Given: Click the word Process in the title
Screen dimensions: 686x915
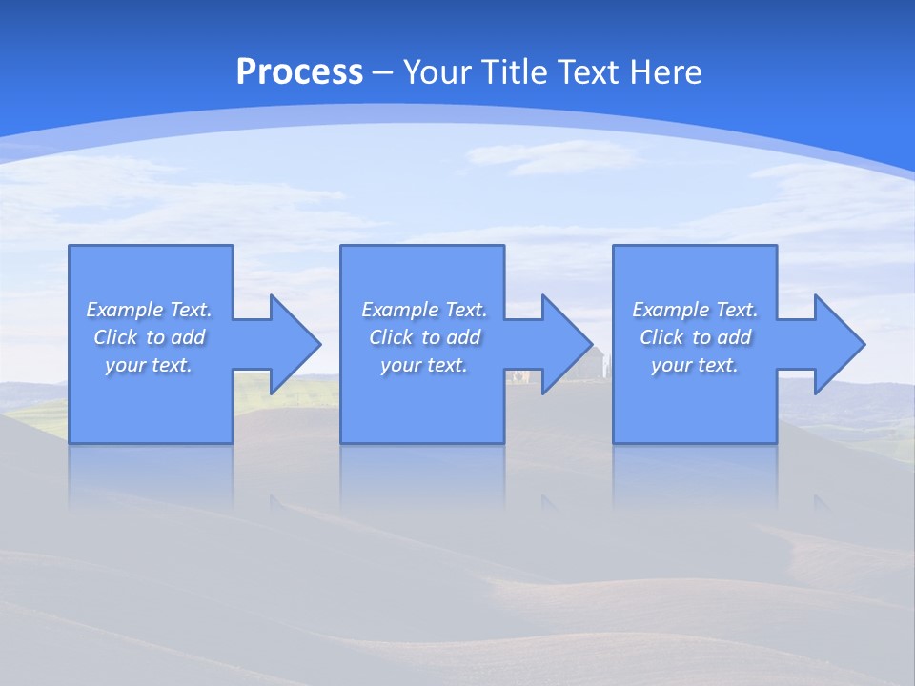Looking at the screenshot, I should [x=299, y=72].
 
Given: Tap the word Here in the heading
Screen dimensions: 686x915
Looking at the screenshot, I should [x=666, y=72].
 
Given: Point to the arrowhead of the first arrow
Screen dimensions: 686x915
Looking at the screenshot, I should [x=295, y=344].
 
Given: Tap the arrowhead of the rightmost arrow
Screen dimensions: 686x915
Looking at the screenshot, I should [x=839, y=344].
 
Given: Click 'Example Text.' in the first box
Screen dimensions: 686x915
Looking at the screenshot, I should [x=150, y=310].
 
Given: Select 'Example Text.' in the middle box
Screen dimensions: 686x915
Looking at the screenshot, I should [x=424, y=310].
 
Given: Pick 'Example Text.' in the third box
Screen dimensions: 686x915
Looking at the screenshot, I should [x=695, y=310].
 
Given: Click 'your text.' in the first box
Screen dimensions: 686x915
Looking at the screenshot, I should [x=149, y=365].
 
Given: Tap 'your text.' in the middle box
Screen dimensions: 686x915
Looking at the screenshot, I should [x=423, y=365].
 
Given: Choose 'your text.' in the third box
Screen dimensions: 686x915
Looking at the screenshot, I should [x=695, y=365].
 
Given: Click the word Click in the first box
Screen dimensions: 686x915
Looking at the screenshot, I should [x=115, y=337].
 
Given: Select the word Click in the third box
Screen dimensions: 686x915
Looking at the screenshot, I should [x=661, y=337].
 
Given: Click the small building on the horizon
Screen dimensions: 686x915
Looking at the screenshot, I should [x=592, y=362].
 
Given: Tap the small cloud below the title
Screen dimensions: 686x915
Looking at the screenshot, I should [x=553, y=155].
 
